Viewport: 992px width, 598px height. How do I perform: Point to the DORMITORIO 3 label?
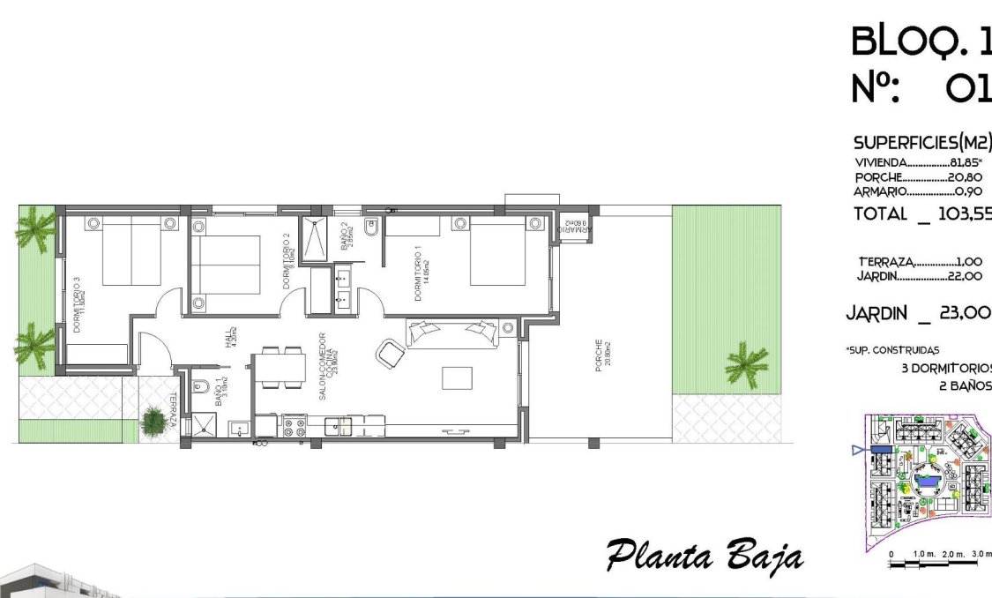pos(78,304)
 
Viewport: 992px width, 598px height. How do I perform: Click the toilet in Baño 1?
pos(201,385)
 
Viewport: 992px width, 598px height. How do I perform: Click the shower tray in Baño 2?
pos(315,237)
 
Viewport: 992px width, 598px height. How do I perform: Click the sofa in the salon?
pos(451,333)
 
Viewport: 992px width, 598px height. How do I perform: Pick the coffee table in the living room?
pos(457,377)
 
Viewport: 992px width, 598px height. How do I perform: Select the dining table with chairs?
pos(282,368)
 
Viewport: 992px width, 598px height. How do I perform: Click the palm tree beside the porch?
pos(745,363)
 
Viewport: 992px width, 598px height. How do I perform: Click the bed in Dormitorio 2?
pos(226,264)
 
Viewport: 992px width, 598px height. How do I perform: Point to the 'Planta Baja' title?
pos(705,557)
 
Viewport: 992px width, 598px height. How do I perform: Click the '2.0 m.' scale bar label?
pos(953,554)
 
